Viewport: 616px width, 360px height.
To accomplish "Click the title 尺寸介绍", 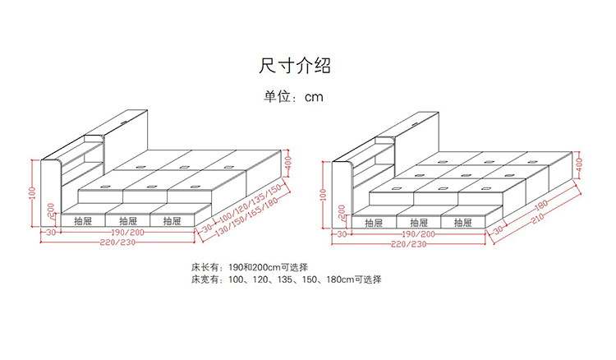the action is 295,65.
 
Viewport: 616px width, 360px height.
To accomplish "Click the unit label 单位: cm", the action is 293,96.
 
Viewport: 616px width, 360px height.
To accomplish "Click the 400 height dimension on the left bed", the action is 289,166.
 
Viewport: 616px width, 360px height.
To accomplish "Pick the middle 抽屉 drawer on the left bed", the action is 127,220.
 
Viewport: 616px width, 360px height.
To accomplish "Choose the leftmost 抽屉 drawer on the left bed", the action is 83,220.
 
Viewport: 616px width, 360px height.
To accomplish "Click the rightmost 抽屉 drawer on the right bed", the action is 462,222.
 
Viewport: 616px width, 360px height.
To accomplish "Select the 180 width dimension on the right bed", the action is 540,206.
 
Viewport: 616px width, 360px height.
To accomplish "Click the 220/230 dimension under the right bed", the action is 408,244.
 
